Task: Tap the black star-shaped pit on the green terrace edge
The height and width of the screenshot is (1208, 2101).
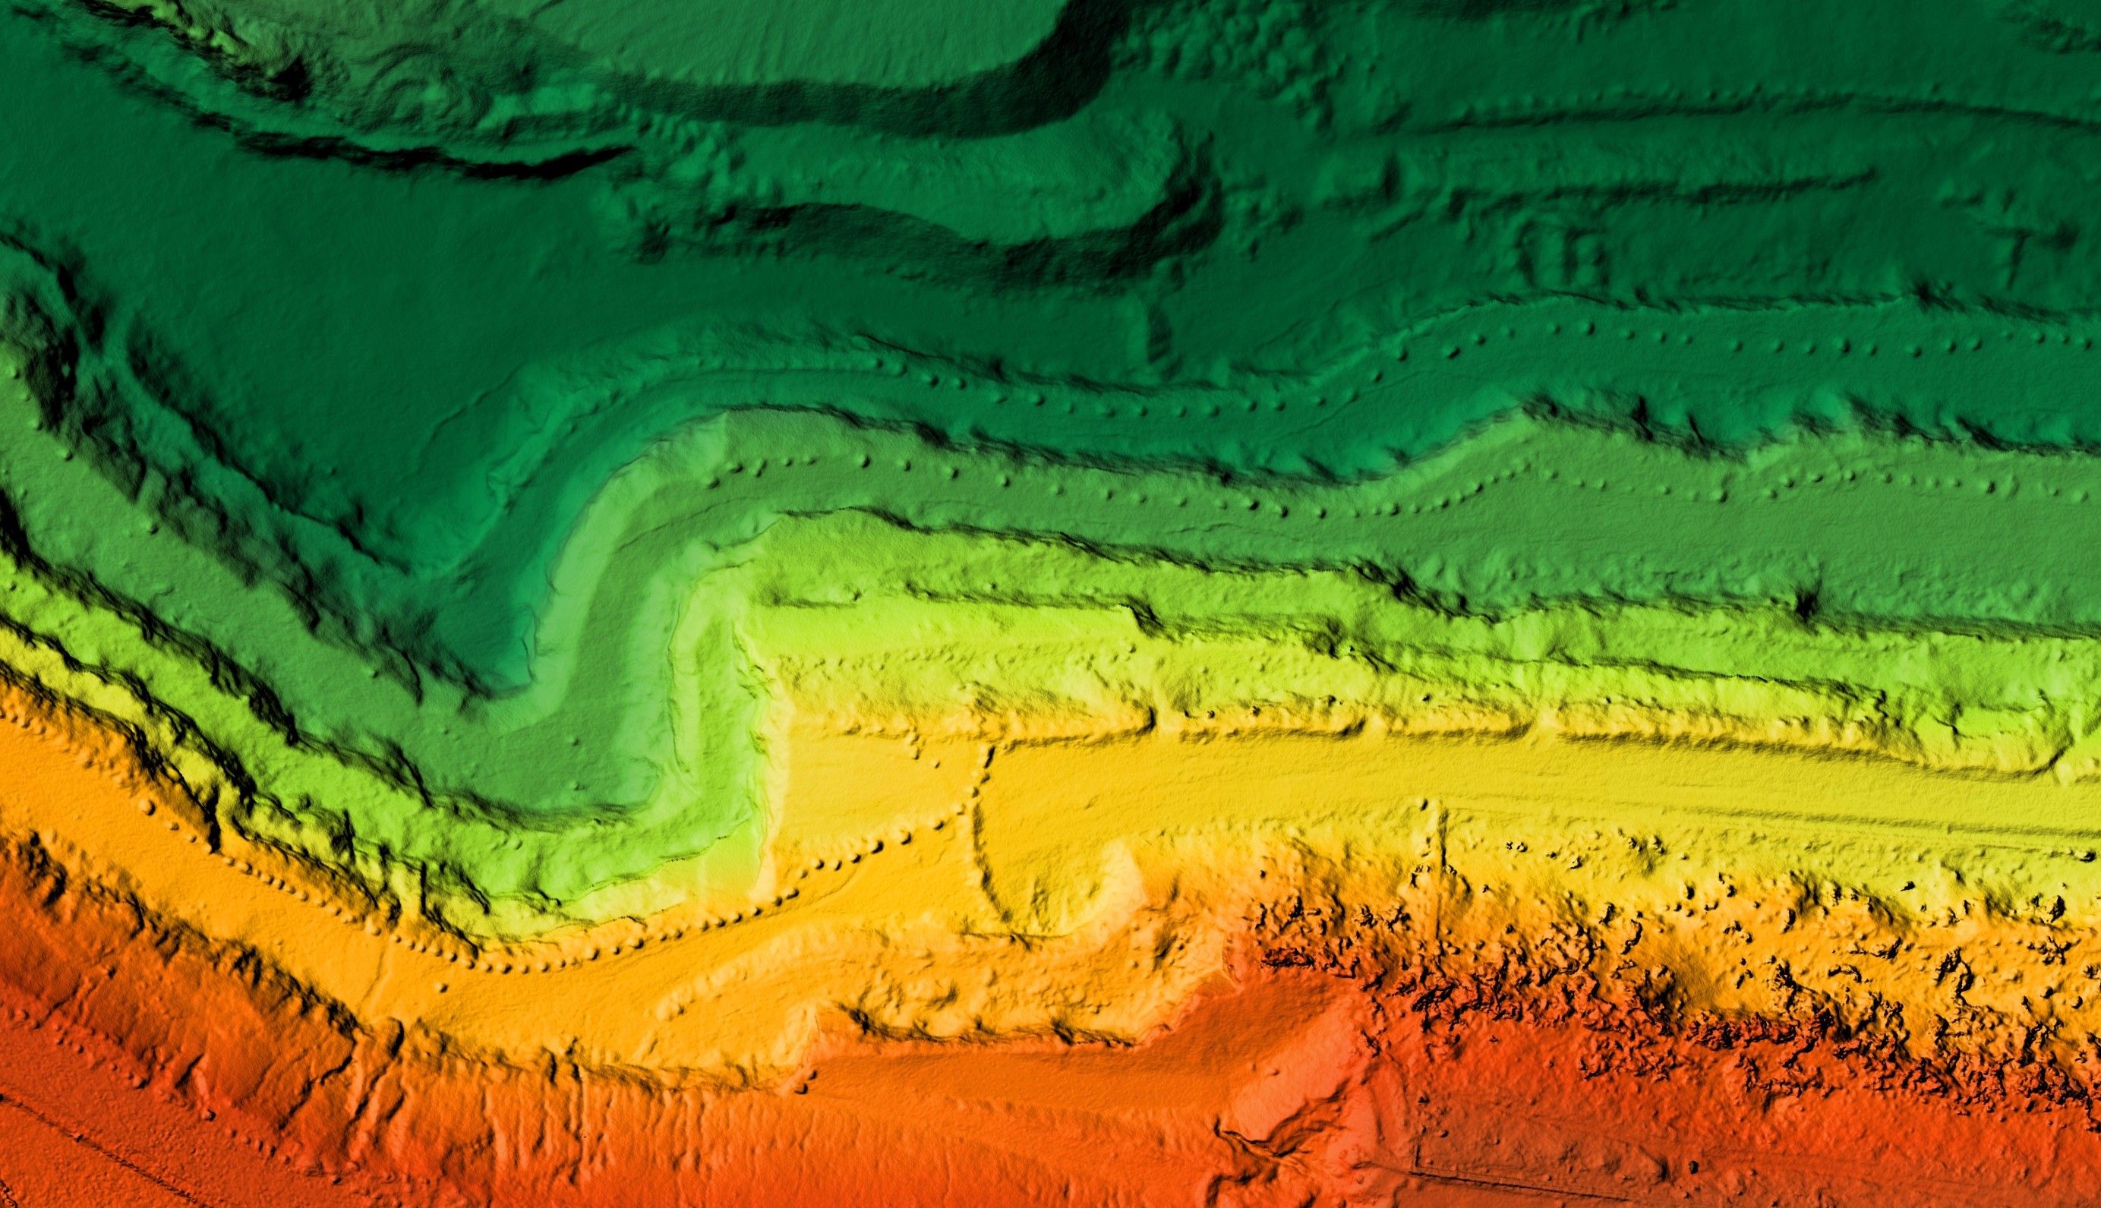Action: [1805, 603]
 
